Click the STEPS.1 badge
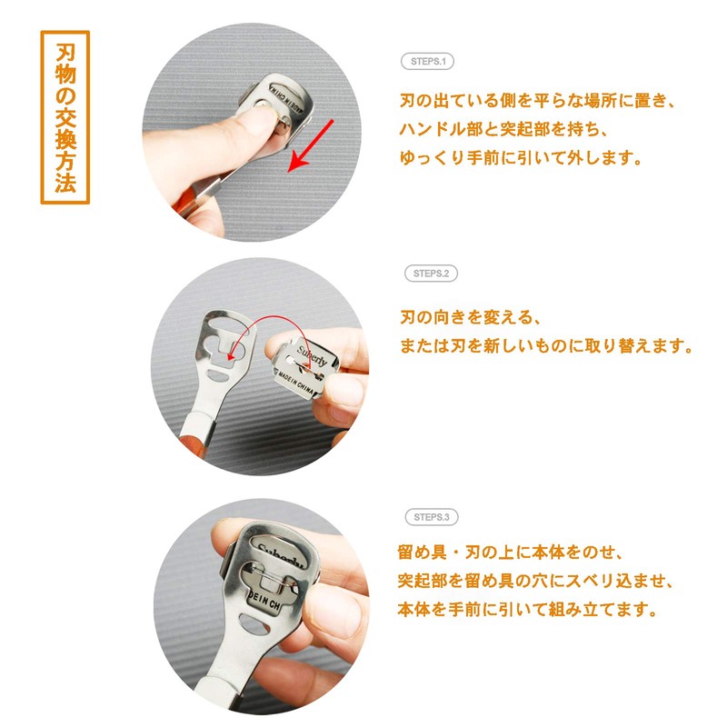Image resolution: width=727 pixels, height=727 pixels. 427,63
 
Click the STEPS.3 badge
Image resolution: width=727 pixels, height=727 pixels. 431,517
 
